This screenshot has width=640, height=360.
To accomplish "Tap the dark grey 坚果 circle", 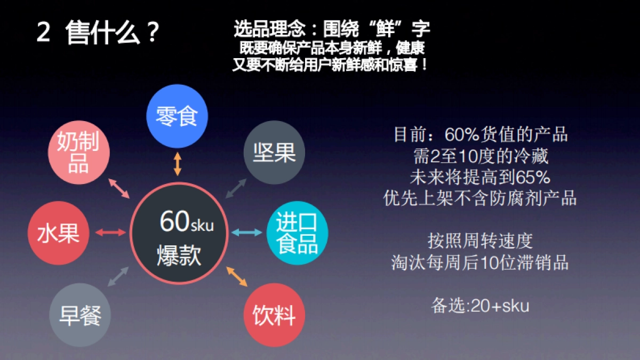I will click(274, 153).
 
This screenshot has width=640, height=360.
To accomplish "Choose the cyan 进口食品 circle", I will click(297, 234).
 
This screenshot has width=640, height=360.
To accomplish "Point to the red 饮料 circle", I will click(274, 315).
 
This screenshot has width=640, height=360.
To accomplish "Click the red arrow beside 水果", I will click(110, 232).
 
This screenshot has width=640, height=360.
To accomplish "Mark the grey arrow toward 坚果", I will click(236, 188).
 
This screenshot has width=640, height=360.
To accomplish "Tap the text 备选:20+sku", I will click(480, 306).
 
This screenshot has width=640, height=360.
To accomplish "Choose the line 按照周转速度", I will click(480, 241).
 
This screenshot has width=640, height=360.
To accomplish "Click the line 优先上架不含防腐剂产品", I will click(480, 198).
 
